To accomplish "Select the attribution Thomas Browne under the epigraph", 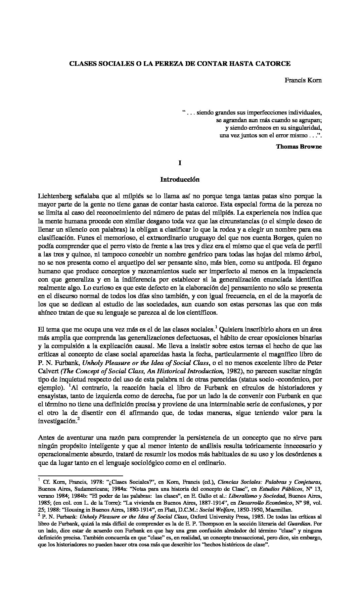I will tap(299, 146).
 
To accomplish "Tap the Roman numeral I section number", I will tap(180, 163).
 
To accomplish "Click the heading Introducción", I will tap(180, 179).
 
